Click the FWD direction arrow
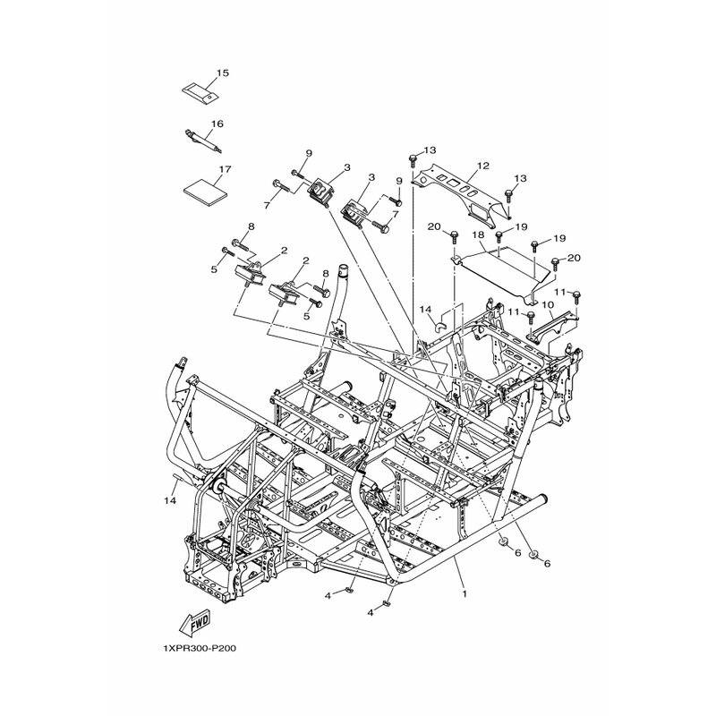click(194, 622)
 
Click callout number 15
click(222, 73)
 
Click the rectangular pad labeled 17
click(205, 188)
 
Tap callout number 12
click(483, 166)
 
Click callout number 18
click(478, 234)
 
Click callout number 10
click(548, 304)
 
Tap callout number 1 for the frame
click(465, 594)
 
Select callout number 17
click(226, 169)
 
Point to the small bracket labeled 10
click(550, 327)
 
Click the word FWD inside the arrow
click(199, 620)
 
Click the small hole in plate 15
click(209, 97)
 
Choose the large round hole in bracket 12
click(423, 181)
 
